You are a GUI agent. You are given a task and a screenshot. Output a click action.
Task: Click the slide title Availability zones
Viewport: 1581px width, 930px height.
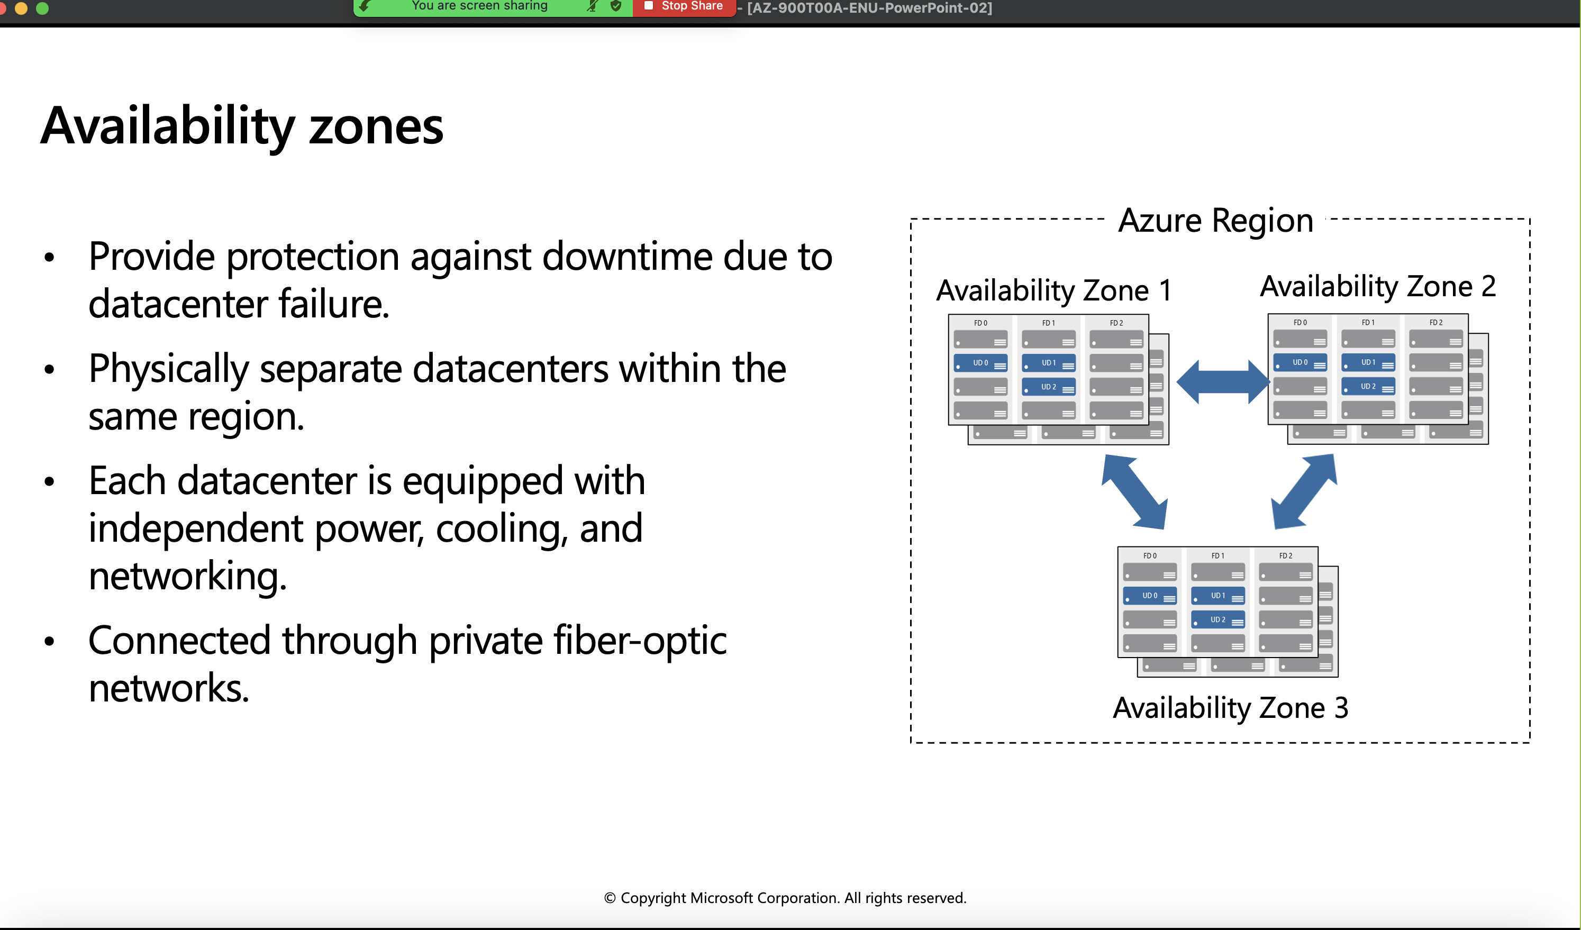241,126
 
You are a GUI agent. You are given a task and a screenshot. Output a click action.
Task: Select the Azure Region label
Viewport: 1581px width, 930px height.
1215,221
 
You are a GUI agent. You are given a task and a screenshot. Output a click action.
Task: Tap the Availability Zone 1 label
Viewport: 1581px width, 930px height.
1053,290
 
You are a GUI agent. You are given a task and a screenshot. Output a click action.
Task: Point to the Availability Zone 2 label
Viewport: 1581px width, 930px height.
1378,287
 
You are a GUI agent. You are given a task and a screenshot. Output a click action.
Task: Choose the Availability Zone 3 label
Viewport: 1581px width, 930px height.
1230,708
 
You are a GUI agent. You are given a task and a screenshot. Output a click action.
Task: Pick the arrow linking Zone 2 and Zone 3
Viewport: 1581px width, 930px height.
1304,491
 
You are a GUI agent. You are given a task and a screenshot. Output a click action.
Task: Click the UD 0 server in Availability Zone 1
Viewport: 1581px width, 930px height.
980,363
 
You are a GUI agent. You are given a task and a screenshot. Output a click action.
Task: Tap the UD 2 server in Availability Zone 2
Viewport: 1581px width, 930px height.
1368,387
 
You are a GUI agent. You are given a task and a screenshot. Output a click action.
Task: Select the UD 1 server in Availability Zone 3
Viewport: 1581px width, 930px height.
1217,596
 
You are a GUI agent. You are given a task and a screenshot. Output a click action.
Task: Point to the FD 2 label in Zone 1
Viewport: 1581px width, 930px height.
1116,323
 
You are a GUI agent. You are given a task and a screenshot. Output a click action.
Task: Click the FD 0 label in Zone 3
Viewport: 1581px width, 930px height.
1149,555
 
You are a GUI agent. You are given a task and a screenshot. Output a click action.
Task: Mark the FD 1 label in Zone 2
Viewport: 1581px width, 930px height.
1368,322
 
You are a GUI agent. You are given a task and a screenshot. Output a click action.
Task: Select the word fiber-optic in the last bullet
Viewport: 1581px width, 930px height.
640,641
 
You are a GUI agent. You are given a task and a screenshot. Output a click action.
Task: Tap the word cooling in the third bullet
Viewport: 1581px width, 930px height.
502,528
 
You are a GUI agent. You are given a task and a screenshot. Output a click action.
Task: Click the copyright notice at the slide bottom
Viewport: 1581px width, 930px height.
785,898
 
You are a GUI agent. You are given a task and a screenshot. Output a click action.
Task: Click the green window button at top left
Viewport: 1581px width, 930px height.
42,8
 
